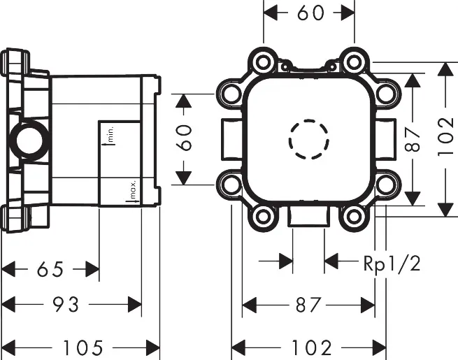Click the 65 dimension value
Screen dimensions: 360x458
tap(50, 268)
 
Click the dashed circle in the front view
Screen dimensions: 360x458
tap(309, 140)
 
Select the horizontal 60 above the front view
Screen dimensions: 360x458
tap(310, 13)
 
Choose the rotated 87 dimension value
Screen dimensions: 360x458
tap(413, 138)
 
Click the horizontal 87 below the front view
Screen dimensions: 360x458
tap(308, 305)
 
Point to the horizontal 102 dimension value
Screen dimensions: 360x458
tap(308, 346)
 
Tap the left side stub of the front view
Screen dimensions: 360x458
tap(227, 140)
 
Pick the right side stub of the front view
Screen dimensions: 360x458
tap(390, 140)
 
